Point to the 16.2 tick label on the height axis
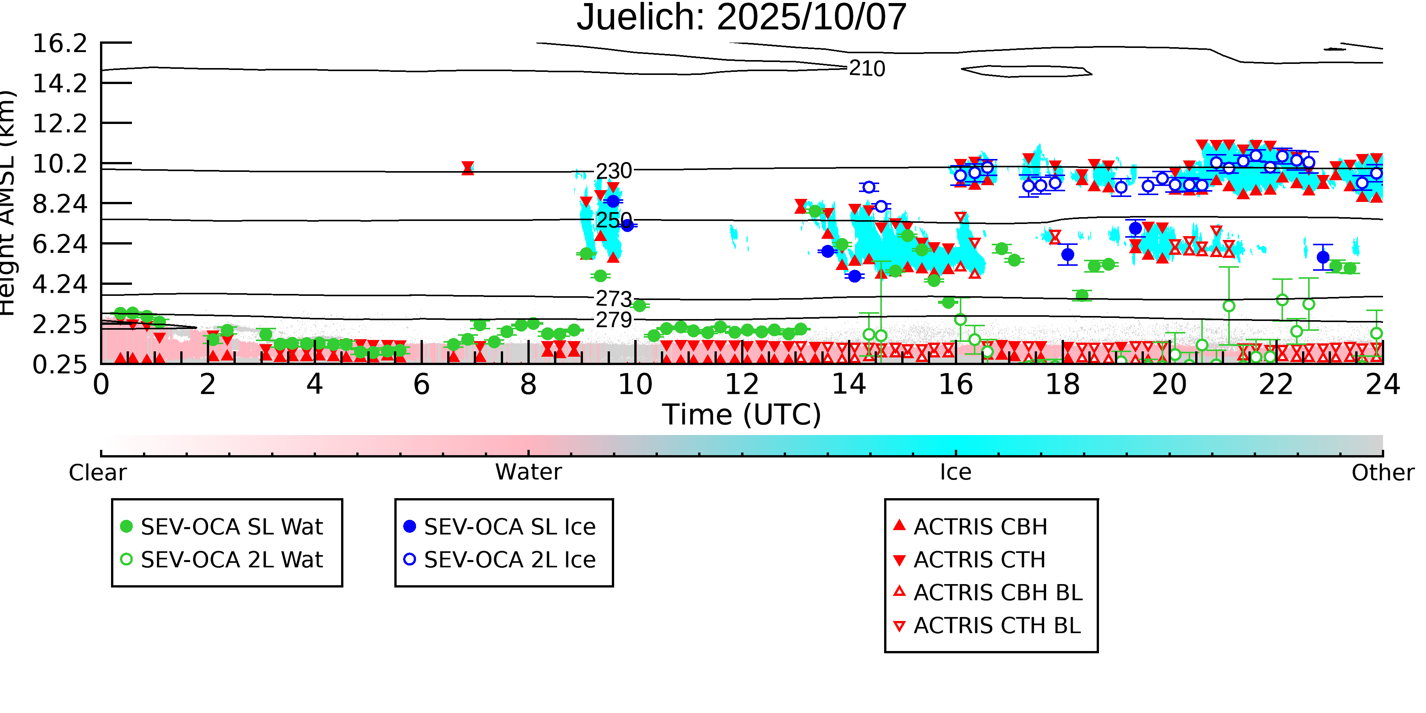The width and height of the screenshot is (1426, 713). [60, 44]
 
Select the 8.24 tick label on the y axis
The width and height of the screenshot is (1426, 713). [60, 204]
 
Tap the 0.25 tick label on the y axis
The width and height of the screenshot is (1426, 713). [60, 365]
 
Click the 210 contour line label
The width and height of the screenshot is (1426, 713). [867, 69]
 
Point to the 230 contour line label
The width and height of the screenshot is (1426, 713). [613, 171]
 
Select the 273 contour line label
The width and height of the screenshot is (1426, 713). [613, 299]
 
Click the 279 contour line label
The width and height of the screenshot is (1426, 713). [613, 320]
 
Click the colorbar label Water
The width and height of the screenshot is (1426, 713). [528, 473]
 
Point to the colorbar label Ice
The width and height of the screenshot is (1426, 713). [956, 473]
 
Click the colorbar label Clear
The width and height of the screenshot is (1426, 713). [97, 473]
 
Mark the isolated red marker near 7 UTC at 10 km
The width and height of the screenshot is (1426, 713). [468, 168]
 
